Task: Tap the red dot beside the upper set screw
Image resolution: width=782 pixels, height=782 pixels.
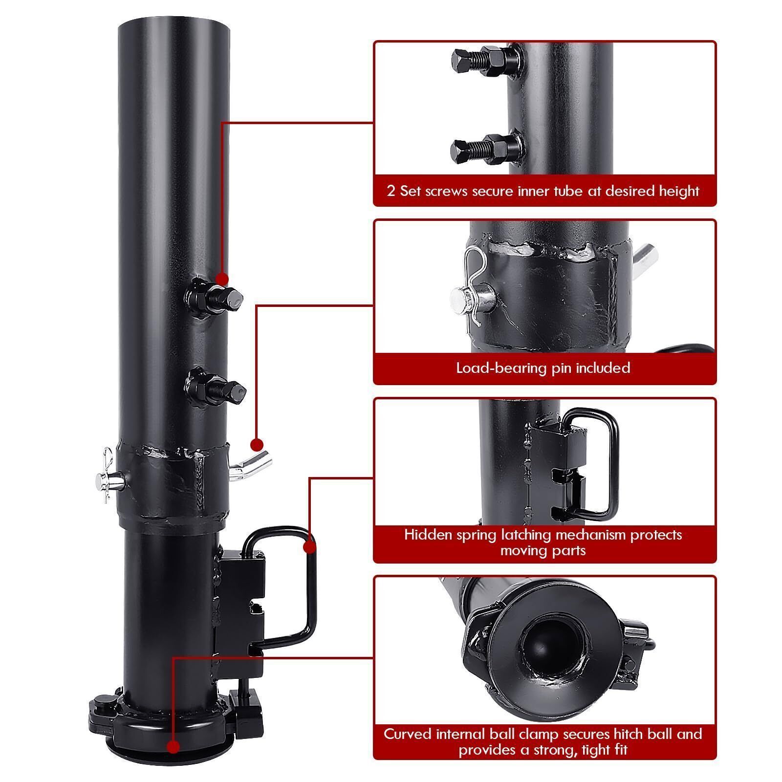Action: tap(222, 279)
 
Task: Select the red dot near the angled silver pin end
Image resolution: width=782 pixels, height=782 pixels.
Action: tap(257, 445)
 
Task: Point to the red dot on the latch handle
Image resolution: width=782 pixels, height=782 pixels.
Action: tap(309, 546)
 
